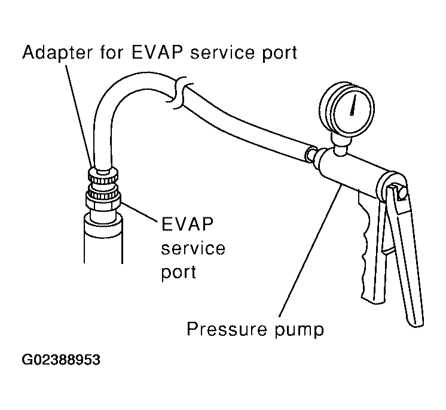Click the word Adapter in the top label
point(56,53)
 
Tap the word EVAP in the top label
point(149,53)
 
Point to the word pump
point(296,330)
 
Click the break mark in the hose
point(177,86)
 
